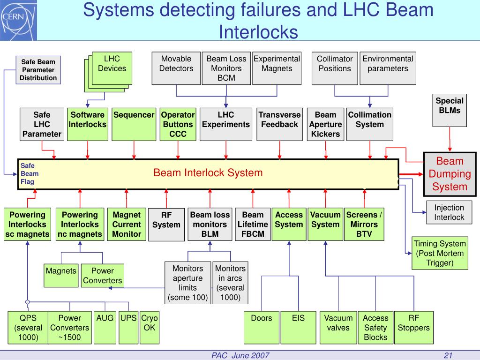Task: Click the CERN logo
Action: (x=13, y=17)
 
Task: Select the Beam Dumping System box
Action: (x=450, y=174)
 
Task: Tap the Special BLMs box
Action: (x=449, y=110)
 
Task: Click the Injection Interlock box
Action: (x=449, y=212)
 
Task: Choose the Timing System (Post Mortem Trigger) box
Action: (x=440, y=253)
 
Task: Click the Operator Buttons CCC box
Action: (x=178, y=124)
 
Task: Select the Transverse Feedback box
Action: (x=279, y=124)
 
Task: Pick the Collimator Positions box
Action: (x=334, y=68)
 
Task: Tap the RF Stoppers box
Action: (x=413, y=328)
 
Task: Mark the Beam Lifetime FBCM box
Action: (x=253, y=225)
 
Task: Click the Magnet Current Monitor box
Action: (x=126, y=225)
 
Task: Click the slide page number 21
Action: (x=448, y=355)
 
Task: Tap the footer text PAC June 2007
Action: (x=240, y=355)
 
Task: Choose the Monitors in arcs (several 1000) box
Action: (x=230, y=283)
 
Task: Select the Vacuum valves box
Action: (x=338, y=328)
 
